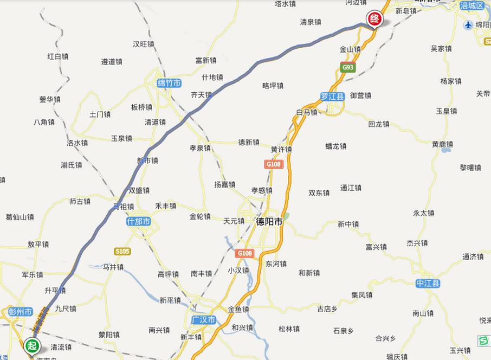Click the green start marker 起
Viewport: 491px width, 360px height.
pyautogui.click(x=32, y=345)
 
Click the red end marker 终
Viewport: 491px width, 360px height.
pyautogui.click(x=374, y=18)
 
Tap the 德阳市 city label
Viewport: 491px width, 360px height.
pyautogui.click(x=269, y=222)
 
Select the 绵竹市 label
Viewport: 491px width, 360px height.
pyautogui.click(x=169, y=83)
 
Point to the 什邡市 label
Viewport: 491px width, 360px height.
pyautogui.click(x=138, y=222)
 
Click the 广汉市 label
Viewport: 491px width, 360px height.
pyautogui.click(x=204, y=320)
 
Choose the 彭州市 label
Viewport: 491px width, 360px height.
pyautogui.click(x=20, y=312)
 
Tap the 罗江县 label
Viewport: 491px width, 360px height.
pyautogui.click(x=332, y=97)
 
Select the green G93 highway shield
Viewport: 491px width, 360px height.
pyautogui.click(x=347, y=68)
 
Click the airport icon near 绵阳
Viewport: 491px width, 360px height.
pyautogui.click(x=468, y=25)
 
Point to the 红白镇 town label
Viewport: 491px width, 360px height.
pyautogui.click(x=57, y=56)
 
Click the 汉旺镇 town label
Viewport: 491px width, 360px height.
pyautogui.click(x=144, y=44)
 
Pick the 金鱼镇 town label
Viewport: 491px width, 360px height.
pyautogui.click(x=238, y=310)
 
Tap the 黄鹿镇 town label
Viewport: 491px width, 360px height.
pyautogui.click(x=442, y=145)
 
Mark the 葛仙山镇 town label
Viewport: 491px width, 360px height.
pyautogui.click(x=20, y=217)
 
